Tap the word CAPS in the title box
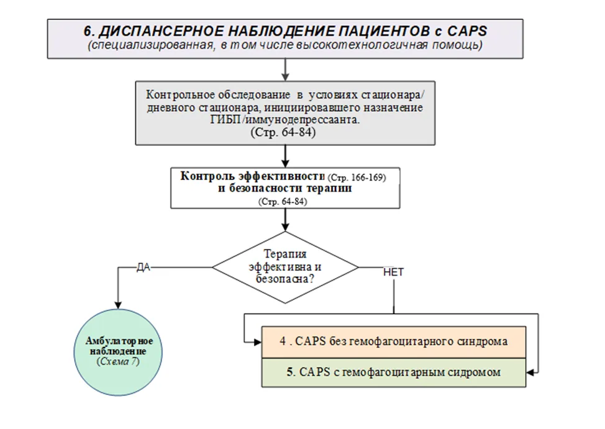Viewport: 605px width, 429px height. (467, 31)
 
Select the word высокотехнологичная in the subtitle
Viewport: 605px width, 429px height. (362, 45)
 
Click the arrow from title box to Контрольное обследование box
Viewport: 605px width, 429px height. (285, 70)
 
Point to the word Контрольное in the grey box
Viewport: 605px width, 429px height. (180, 95)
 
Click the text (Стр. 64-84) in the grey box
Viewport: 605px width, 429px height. (283, 132)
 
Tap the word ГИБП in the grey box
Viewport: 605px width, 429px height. (225, 120)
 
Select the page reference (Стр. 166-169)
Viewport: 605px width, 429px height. (357, 178)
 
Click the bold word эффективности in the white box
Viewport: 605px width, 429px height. (281, 176)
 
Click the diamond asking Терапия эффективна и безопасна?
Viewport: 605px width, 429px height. (285, 267)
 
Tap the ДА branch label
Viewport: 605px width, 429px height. (143, 267)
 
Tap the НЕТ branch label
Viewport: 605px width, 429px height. (393, 272)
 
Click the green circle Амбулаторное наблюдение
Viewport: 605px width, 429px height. (118, 352)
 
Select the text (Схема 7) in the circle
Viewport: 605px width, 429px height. (118, 361)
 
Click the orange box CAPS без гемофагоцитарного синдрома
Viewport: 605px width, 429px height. (394, 342)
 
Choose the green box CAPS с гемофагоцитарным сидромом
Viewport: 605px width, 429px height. (394, 373)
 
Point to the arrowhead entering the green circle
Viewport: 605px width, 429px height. (118, 305)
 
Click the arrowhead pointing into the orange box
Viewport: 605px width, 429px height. (258, 342)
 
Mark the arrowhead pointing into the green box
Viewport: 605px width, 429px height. (530, 373)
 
